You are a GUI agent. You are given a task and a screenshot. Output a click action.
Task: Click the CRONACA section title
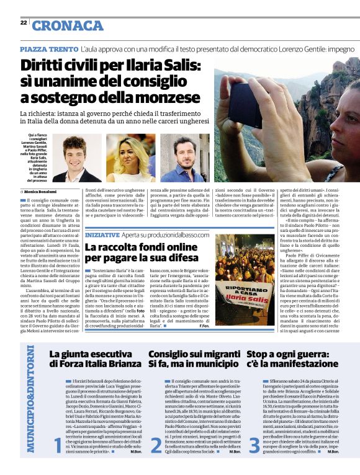[x=67, y=25]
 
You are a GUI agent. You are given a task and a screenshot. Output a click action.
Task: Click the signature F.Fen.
[x=204, y=326]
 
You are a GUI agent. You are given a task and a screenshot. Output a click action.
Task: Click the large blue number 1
[x=57, y=444]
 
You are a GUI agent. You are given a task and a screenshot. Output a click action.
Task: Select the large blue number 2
[x=156, y=444]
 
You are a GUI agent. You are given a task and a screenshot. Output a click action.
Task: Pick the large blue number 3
[x=254, y=444]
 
